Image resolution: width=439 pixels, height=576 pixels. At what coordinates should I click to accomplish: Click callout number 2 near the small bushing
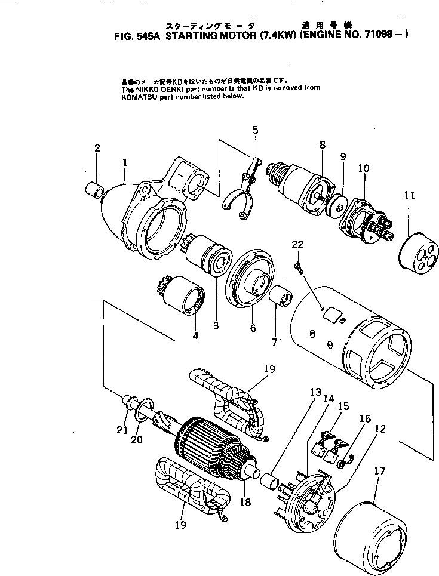pos(97,148)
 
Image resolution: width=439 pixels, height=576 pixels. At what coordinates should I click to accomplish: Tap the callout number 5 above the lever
pos(255,130)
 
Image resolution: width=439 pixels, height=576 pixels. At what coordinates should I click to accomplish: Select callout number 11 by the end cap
pos(408,195)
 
